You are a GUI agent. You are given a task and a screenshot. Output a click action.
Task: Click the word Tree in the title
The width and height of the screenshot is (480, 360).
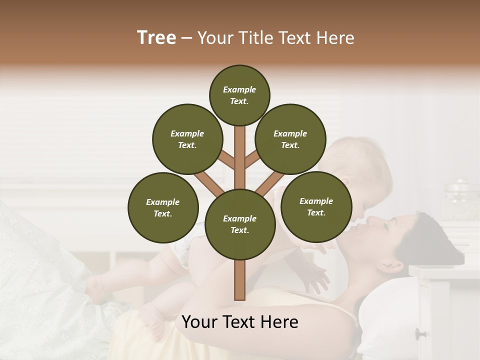pos(156,38)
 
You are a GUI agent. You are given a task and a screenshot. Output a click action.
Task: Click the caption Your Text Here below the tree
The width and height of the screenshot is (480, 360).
pos(239,322)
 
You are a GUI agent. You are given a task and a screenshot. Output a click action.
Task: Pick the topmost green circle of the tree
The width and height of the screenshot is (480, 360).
pos(239,95)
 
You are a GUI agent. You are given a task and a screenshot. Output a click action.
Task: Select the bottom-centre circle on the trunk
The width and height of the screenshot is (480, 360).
pos(240,224)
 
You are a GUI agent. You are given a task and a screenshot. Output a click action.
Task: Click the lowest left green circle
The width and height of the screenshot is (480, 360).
pos(163,207)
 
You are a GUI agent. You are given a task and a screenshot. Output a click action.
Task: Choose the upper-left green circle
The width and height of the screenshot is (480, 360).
pos(187,139)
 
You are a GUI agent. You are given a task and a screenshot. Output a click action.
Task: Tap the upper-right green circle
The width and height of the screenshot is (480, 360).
pos(290,139)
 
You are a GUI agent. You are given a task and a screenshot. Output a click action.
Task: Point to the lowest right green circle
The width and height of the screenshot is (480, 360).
pos(316,206)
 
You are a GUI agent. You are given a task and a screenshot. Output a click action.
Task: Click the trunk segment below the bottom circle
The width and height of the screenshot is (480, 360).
pos(240,280)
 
